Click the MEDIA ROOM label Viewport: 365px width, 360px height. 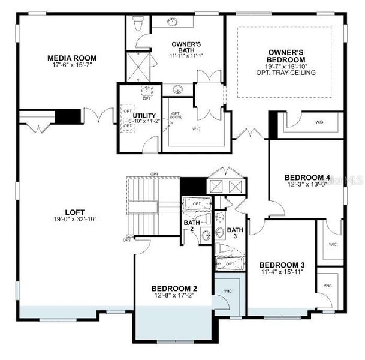click(72, 58)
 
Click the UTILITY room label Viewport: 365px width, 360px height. click(144, 116)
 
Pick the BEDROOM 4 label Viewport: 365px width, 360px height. click(307, 177)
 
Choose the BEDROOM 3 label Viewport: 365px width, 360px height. click(282, 265)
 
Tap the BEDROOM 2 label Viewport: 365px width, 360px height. click(174, 288)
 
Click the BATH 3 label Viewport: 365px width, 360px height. click(235, 233)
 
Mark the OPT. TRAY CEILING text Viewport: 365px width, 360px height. click(286, 73)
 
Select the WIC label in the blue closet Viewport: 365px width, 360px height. click(227, 291)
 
